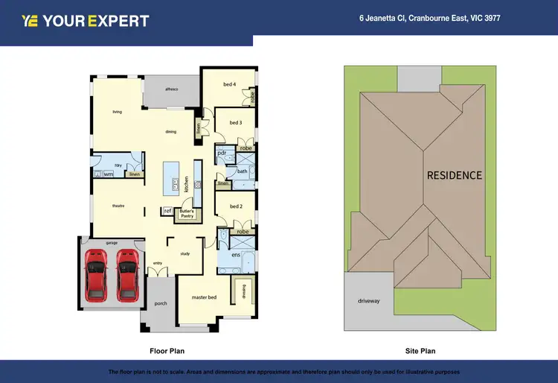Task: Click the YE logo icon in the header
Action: pos(30,21)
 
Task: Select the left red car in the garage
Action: pos(96,274)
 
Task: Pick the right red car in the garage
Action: pos(127,274)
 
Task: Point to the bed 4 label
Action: pos(230,84)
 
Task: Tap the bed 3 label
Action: pos(235,122)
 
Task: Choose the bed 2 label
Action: pos(235,206)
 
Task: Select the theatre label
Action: pos(118,206)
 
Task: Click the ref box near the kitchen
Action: pos(167,212)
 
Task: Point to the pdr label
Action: pos(222,153)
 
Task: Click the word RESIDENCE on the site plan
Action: pos(454,176)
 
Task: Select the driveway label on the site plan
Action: pos(368,301)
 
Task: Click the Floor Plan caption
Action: pos(167,350)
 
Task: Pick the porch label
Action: pos(160,303)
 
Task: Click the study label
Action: pos(185,253)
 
